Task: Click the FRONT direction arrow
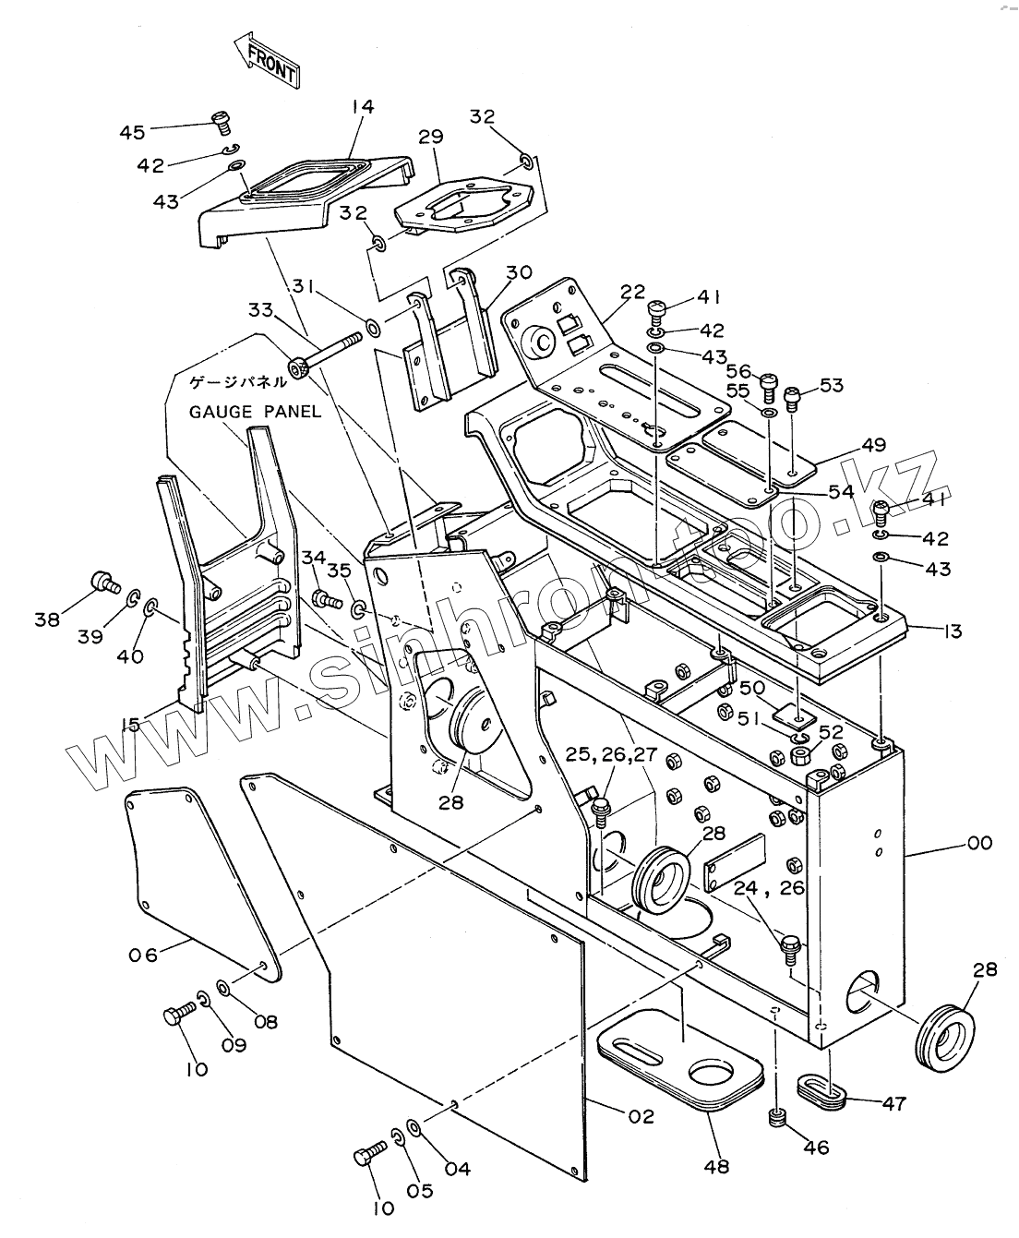point(267,62)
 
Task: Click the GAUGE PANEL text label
point(256,411)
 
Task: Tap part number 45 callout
point(132,132)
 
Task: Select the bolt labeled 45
point(221,119)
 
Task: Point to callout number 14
point(362,107)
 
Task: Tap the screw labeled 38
point(104,582)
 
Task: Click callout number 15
point(133,724)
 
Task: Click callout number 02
point(641,1116)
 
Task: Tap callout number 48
point(716,1166)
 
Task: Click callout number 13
point(953,631)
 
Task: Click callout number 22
point(632,292)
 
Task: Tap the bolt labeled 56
point(767,381)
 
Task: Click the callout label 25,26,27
point(611,754)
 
